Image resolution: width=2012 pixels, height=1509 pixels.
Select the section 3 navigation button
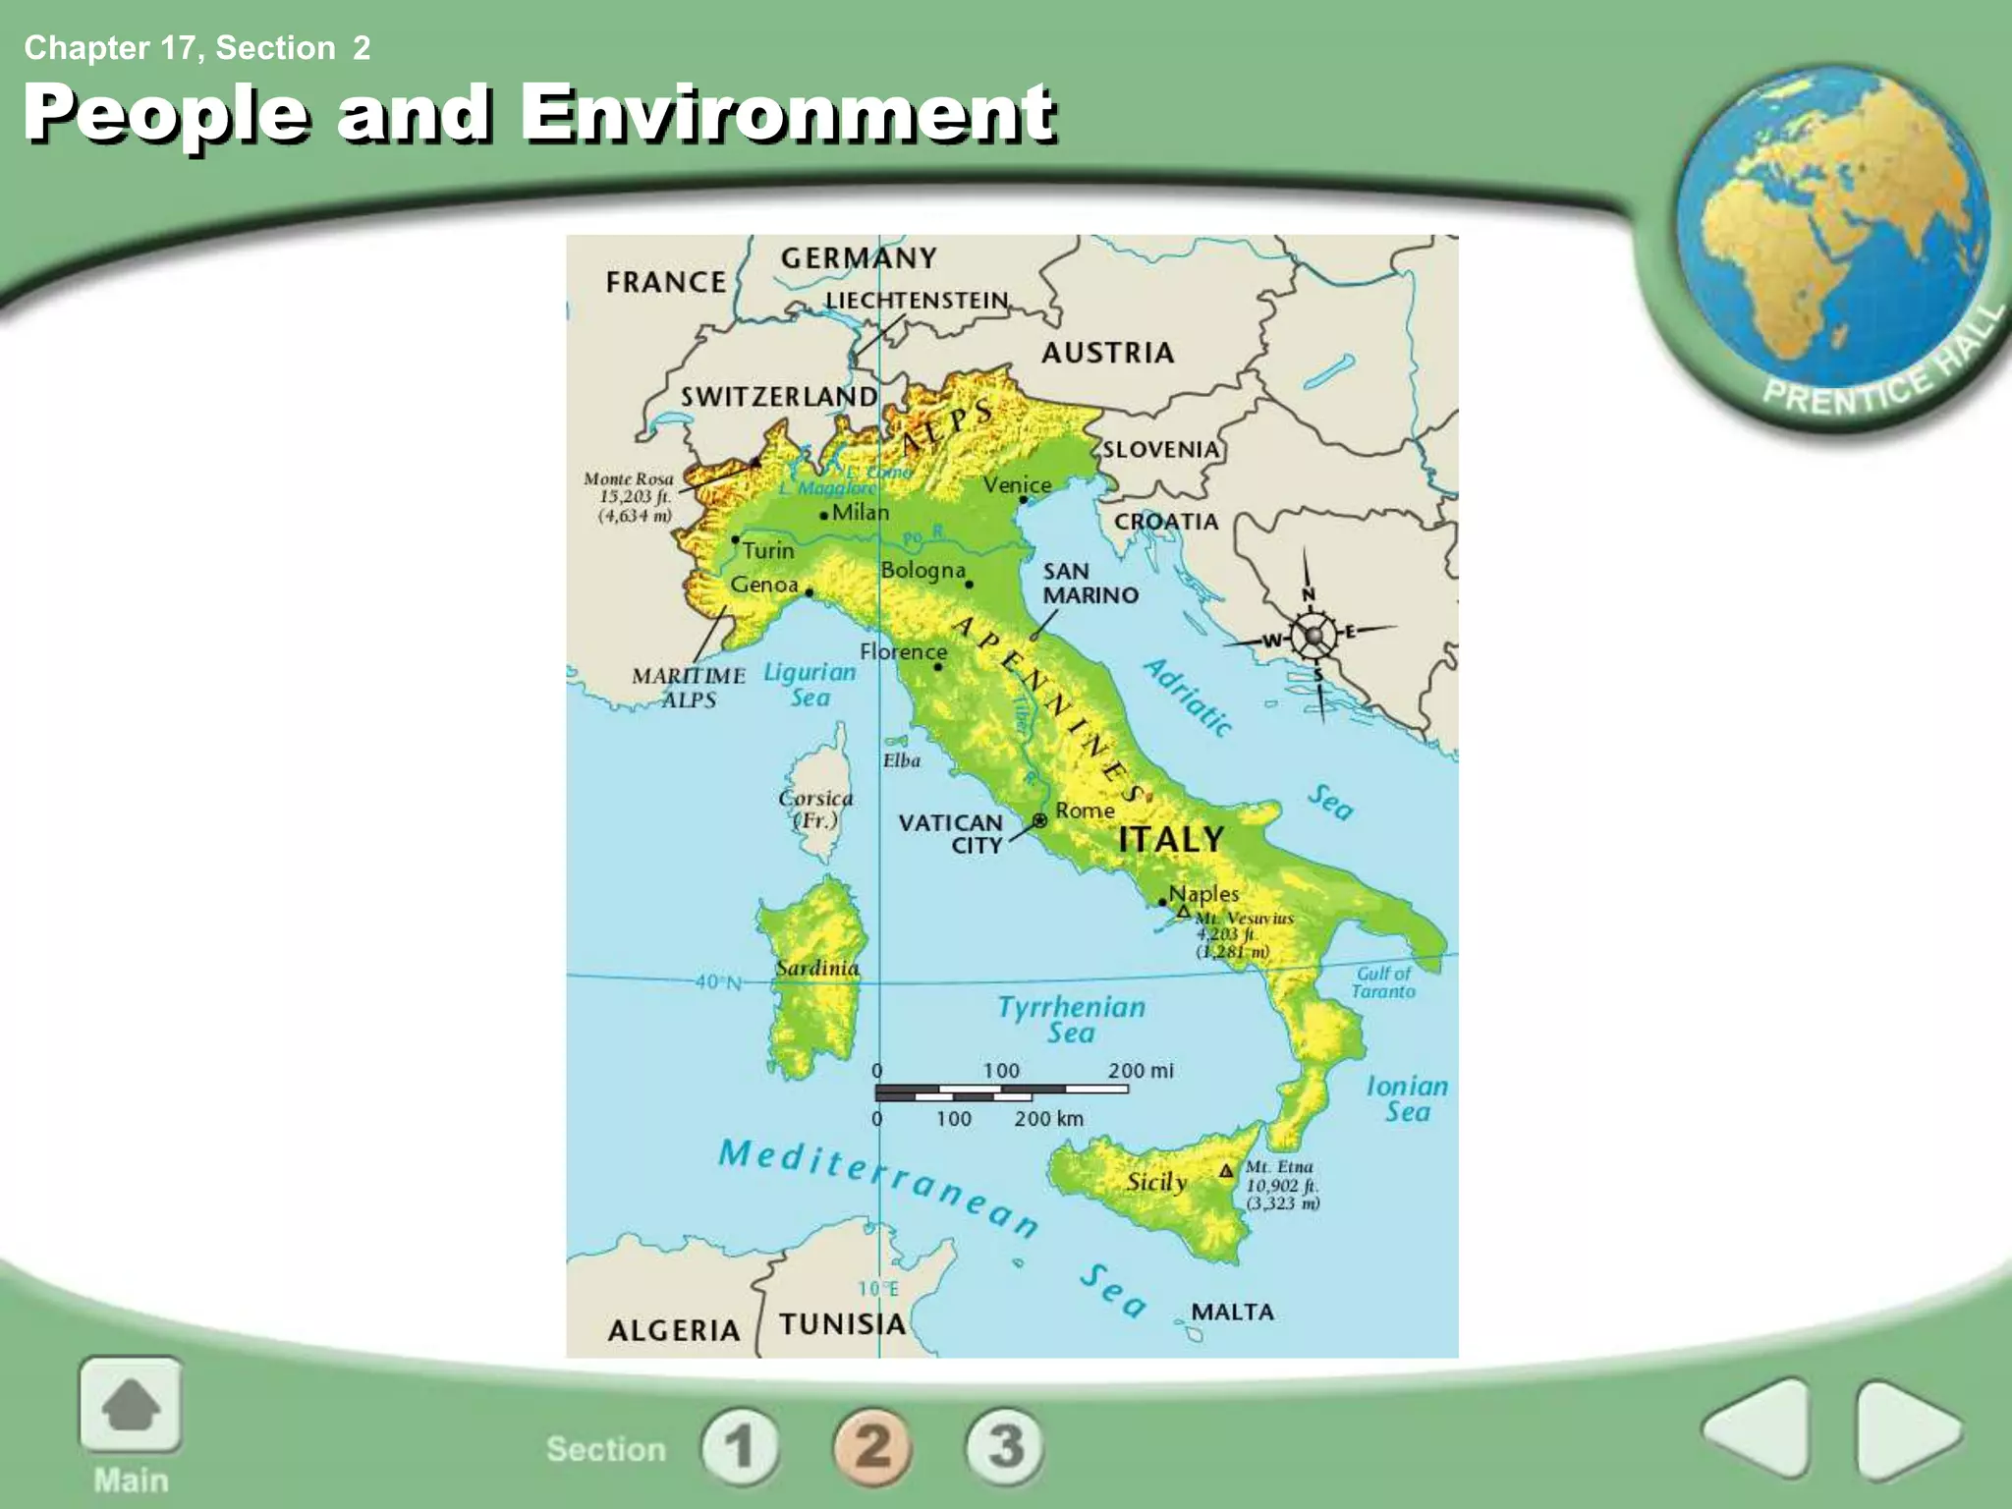click(1004, 1446)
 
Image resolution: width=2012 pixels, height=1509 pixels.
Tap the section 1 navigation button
click(740, 1446)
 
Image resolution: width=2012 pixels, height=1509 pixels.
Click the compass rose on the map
click(1313, 637)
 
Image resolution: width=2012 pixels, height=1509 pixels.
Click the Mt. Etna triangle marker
click(1225, 1171)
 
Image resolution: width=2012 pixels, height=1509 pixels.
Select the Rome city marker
click(1039, 820)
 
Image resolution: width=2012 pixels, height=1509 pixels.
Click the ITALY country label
click(1170, 839)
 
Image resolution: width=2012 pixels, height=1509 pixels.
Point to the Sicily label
click(1156, 1182)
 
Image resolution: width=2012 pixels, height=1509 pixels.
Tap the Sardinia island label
click(816, 969)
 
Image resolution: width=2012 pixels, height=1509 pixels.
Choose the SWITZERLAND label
click(779, 397)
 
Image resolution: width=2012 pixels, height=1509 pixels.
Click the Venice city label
click(1017, 485)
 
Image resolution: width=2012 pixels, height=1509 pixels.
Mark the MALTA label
click(1232, 1313)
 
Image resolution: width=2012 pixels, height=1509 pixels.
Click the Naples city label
click(1203, 894)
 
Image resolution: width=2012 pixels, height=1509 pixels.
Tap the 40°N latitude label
click(718, 981)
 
